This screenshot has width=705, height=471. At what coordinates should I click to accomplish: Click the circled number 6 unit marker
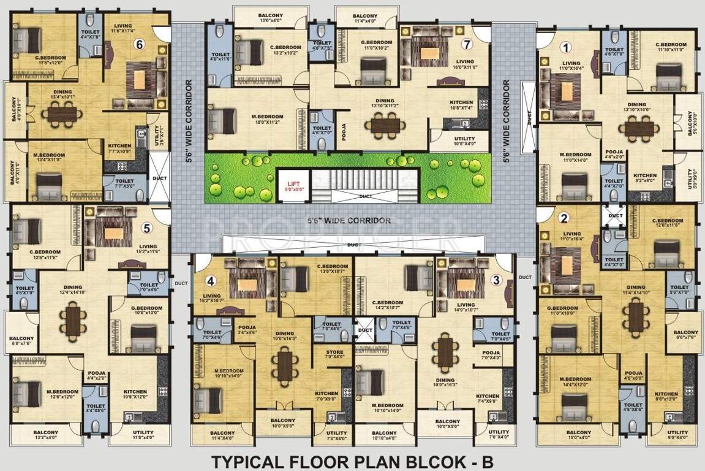[140, 44]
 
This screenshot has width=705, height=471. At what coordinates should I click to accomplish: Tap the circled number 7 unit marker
[467, 44]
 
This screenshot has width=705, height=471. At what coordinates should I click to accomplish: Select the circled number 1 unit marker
[567, 47]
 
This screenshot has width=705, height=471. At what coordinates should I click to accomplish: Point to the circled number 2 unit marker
[564, 216]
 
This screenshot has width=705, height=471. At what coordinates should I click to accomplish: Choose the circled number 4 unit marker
[211, 281]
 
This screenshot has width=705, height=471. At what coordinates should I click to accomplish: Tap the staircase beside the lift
[353, 182]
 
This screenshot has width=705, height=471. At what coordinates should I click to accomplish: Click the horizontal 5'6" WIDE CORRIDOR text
[349, 220]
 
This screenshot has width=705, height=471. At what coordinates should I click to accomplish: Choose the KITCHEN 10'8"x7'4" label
[461, 105]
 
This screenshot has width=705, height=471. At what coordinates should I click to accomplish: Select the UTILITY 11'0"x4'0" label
[143, 434]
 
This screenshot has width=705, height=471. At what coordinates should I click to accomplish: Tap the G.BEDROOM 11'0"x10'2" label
[376, 45]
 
